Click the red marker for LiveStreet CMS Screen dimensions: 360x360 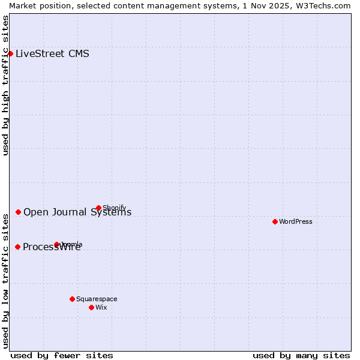point(10,53)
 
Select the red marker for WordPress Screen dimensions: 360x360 point(275,221)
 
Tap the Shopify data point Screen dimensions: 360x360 point(99,208)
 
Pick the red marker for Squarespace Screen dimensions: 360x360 point(72,299)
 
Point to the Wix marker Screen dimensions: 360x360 point(91,307)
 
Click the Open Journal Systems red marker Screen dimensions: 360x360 point(19,212)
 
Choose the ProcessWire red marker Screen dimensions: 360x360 point(18,247)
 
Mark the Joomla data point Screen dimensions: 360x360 point(57,244)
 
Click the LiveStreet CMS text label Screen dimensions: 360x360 point(52,54)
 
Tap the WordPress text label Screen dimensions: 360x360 point(296,221)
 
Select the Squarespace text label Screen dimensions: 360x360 point(97,299)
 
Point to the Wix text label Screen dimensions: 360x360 point(101,307)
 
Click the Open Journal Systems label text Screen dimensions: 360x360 point(77,212)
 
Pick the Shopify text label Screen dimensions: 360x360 point(115,208)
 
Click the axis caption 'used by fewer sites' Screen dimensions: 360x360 point(62,355)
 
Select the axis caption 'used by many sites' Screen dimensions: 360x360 point(301,355)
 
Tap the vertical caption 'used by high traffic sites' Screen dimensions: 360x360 point(6,85)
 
